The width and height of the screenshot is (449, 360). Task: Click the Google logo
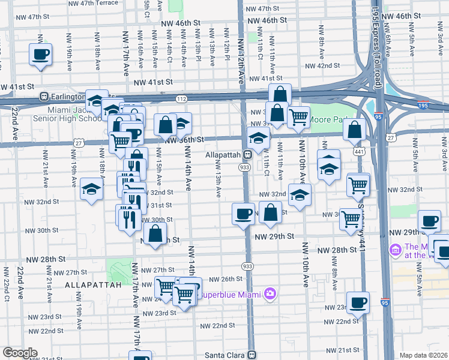pyautogui.click(x=20, y=353)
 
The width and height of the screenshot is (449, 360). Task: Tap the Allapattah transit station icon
pyautogui.click(x=246, y=155)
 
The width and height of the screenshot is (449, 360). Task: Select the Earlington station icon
pyautogui.click(x=44, y=96)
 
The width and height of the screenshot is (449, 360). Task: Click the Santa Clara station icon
pyautogui.click(x=252, y=355)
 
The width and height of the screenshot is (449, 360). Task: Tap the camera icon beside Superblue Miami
pyautogui.click(x=270, y=293)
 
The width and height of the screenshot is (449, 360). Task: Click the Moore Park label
pyautogui.click(x=322, y=119)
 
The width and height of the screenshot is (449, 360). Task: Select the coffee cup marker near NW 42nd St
pyautogui.click(x=40, y=55)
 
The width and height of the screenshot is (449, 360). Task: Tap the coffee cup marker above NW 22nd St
pyautogui.click(x=358, y=303)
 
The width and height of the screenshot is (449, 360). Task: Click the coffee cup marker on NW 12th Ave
pyautogui.click(x=243, y=214)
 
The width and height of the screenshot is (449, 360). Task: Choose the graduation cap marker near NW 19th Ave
pyautogui.click(x=91, y=190)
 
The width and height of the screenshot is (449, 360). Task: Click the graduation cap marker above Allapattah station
pyautogui.click(x=258, y=139)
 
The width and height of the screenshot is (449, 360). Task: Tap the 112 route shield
pyautogui.click(x=182, y=98)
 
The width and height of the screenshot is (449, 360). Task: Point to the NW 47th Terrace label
pyautogui.click(x=89, y=3)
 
